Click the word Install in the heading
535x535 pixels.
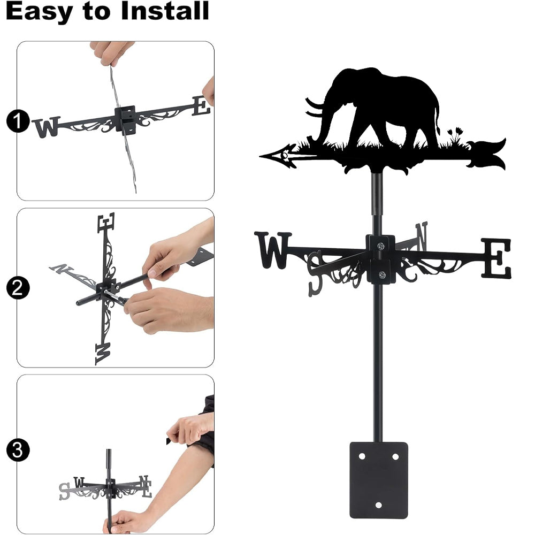[165, 11]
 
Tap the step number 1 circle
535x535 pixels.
[18, 121]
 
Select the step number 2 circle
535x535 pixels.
[18, 288]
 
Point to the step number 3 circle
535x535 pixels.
[18, 450]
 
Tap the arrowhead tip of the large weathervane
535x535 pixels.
[260, 157]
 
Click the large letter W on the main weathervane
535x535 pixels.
[273, 250]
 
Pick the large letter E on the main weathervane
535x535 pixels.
[496, 258]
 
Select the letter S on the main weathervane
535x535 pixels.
[315, 273]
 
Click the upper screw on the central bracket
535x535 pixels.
[380, 246]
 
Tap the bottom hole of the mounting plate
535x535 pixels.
[378, 505]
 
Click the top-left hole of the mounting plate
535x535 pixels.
[362, 456]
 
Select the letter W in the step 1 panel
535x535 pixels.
[47, 127]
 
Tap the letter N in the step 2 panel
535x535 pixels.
[62, 269]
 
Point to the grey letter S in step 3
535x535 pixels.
[64, 491]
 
